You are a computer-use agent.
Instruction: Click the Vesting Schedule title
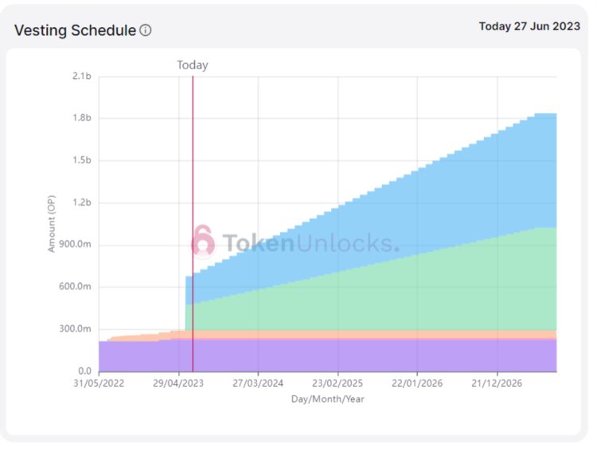point(75,30)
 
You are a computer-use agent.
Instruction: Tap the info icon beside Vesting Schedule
point(146,30)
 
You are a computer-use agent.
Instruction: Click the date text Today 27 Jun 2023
point(529,26)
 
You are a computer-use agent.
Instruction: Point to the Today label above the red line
point(192,65)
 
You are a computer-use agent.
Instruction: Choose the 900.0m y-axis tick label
point(76,245)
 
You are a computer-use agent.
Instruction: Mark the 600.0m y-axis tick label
point(76,287)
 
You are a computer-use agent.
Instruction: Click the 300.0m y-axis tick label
point(76,329)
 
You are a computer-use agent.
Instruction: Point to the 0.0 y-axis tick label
point(84,371)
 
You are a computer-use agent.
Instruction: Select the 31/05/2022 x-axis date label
point(99,383)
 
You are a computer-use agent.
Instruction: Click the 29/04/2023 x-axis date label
point(178,383)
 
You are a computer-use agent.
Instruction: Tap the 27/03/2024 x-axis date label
point(258,383)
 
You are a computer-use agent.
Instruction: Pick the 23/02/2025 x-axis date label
point(338,383)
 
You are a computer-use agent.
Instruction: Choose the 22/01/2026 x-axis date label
point(417,383)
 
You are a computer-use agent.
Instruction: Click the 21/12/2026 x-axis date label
point(497,383)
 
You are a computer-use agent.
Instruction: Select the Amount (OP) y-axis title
point(52,224)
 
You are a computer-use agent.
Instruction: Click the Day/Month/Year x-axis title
point(327,398)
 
